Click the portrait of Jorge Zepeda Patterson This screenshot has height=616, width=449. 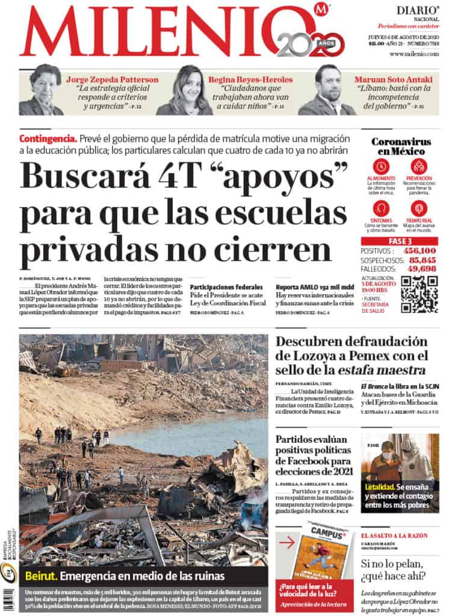(x=41, y=90)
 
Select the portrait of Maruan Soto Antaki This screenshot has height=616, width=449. (x=327, y=90)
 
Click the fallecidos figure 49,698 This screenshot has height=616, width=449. (x=421, y=268)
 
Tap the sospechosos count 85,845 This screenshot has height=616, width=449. (x=421, y=259)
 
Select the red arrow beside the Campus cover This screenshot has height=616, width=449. (x=287, y=542)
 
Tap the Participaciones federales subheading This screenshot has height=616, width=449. (x=226, y=287)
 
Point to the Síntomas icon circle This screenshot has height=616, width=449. (x=380, y=208)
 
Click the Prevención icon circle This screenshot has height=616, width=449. (x=419, y=167)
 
